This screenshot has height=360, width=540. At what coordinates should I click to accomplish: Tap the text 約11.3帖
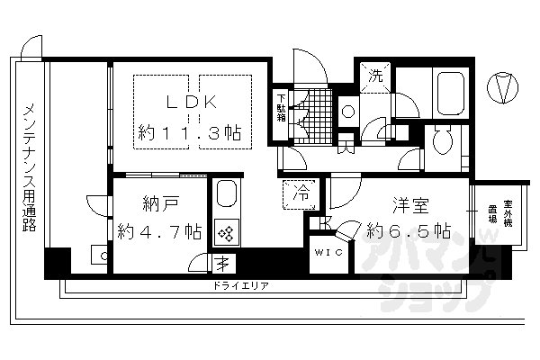(189, 132)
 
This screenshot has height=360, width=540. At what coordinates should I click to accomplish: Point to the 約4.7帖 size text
(159, 231)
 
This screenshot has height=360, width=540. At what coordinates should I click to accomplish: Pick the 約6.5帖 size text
(409, 230)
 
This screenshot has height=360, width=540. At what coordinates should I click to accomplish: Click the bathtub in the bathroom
(448, 95)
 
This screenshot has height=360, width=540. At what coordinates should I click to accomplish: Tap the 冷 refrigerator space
(301, 192)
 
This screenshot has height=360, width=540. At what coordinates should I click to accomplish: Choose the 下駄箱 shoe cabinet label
(282, 107)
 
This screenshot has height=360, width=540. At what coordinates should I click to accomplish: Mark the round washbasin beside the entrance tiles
(348, 112)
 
